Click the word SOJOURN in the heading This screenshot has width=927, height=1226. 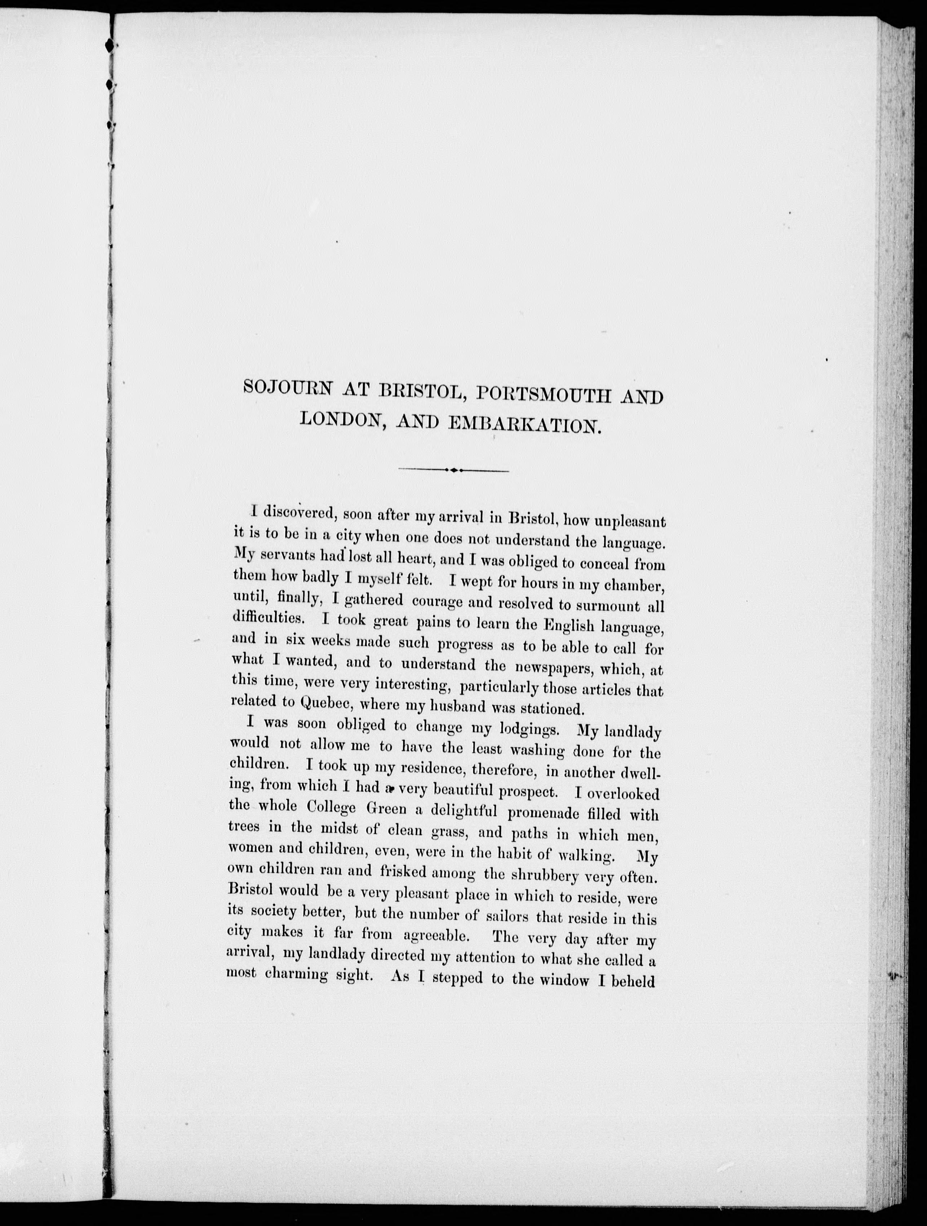pyautogui.click(x=287, y=388)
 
